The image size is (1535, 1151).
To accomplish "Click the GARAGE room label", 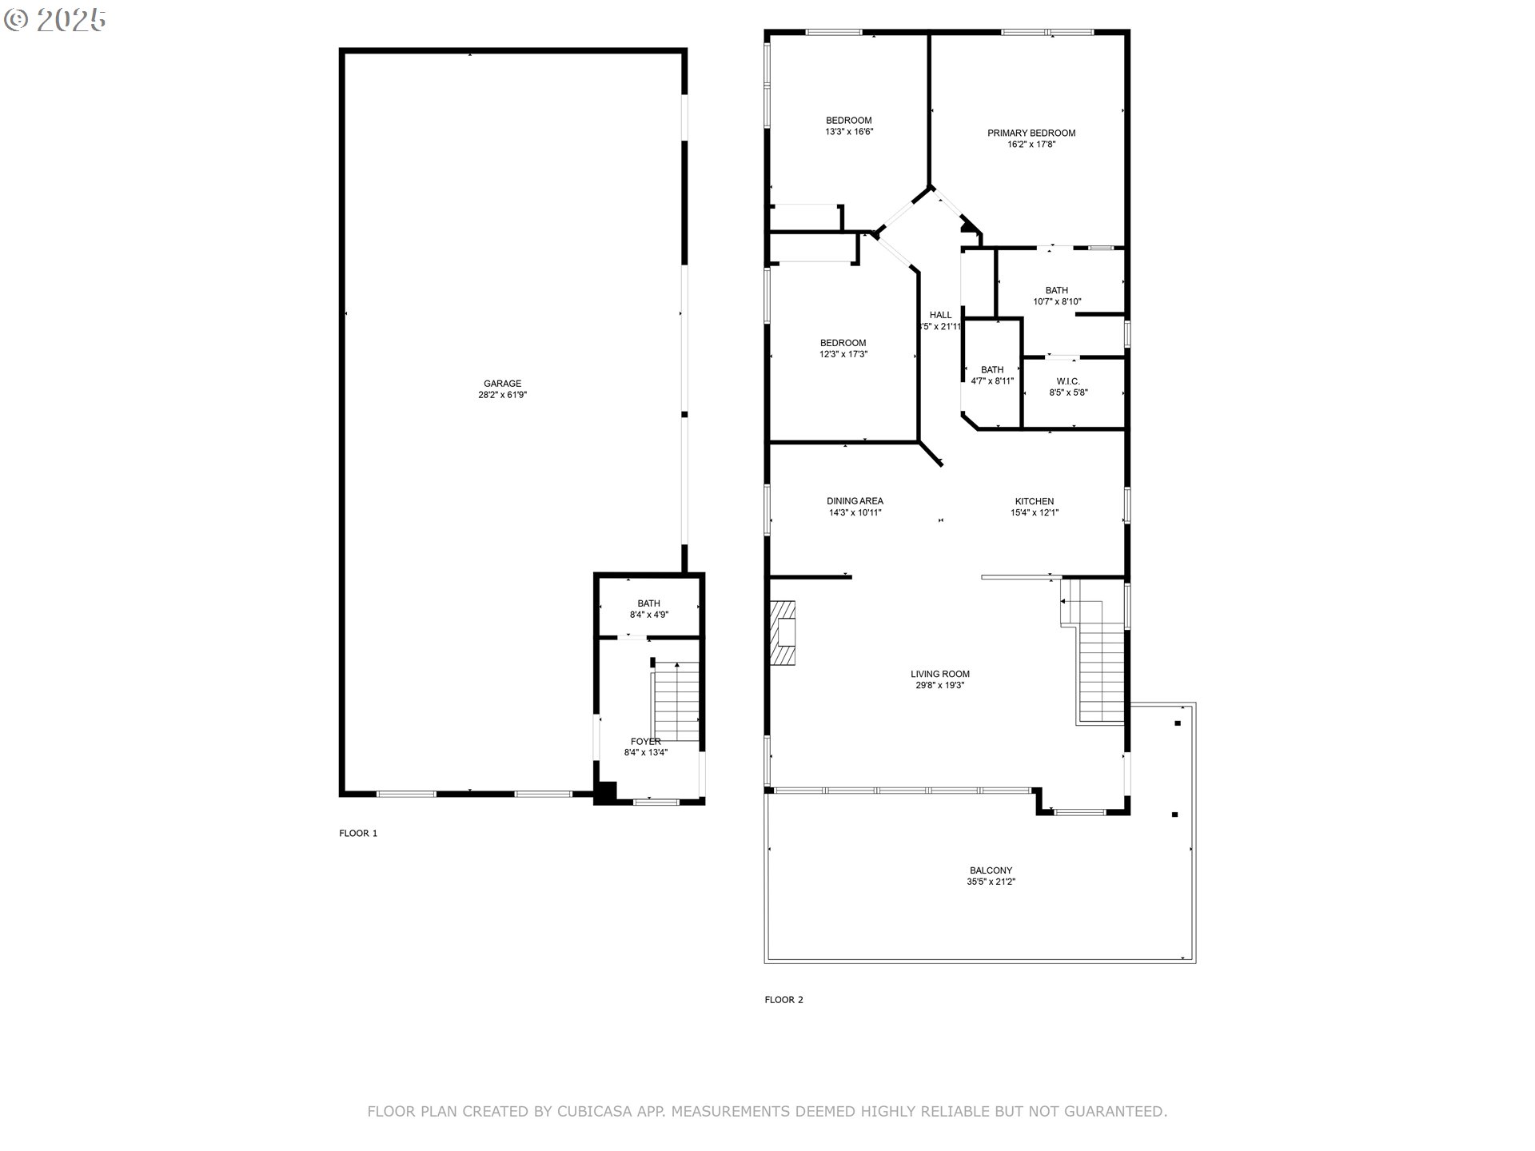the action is coord(502,384).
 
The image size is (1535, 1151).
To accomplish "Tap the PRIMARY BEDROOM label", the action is coord(1031,133).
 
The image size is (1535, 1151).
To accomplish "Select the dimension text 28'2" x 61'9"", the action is coord(502,395).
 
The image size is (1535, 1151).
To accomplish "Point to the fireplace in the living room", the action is coord(783,632).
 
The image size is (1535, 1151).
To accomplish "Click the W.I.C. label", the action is coord(1068,381).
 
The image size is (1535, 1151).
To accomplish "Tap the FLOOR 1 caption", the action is coord(358,833).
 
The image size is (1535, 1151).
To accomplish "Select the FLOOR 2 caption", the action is coord(783,999).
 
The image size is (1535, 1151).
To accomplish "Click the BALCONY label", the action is coord(991,870).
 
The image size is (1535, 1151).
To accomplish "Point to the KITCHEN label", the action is coord(1035,501).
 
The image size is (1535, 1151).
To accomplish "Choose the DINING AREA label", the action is coord(855,501).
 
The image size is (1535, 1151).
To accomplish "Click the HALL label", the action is coord(941,315).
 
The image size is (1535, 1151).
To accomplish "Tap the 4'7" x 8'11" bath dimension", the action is coord(992,381).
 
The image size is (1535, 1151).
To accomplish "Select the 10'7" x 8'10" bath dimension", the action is coord(1057,302).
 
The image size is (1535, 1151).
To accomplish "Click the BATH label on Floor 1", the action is coord(649,603).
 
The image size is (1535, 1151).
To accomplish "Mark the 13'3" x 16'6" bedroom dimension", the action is coord(849,132).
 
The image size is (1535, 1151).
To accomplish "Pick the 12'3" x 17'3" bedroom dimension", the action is coord(843,354).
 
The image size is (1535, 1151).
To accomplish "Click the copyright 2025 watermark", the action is coord(55,20).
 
